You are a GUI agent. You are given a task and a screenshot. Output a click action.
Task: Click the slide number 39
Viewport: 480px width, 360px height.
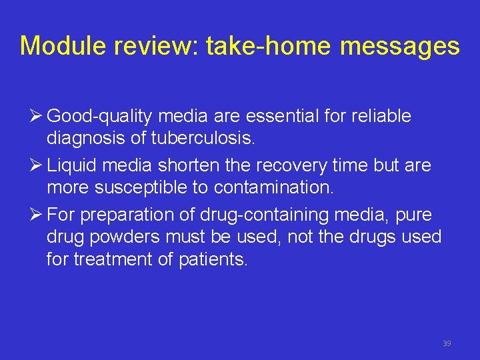tap(447, 343)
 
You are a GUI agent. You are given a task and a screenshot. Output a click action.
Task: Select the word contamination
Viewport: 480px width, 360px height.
tap(273, 188)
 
